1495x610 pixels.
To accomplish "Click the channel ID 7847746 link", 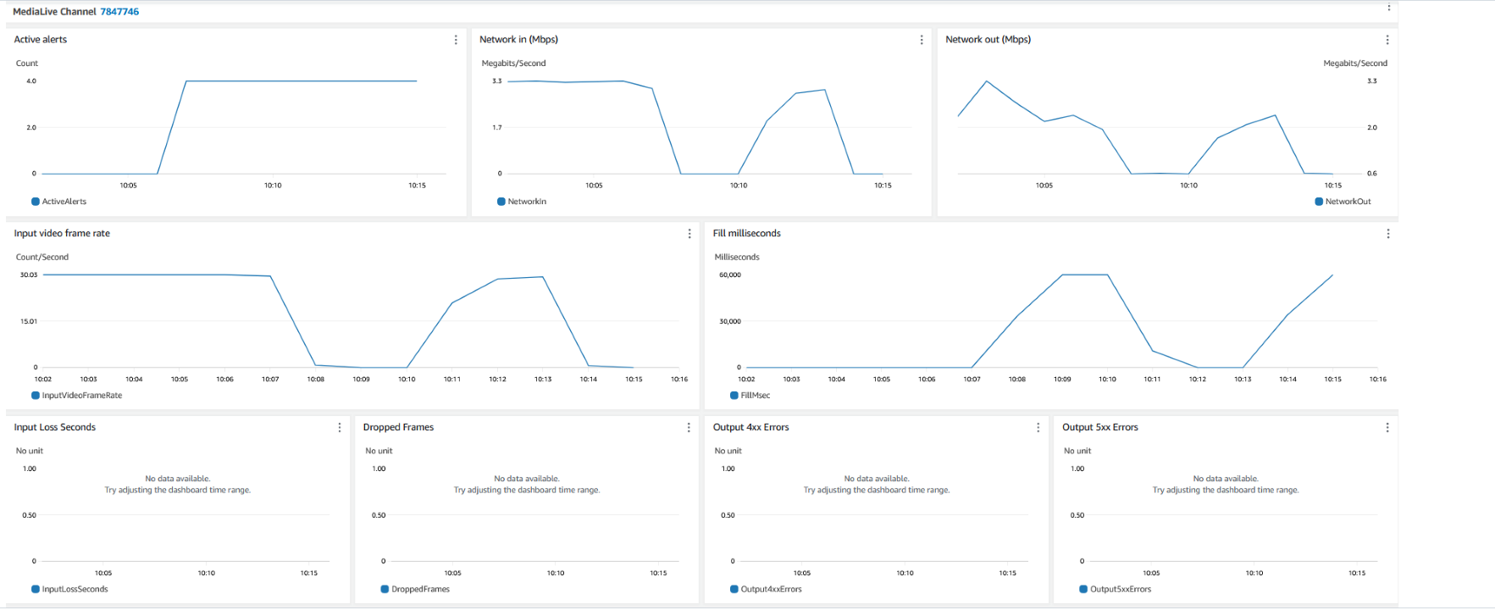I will coord(119,12).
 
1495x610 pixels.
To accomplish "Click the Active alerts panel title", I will coord(41,40).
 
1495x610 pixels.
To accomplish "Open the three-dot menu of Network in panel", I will coord(922,40).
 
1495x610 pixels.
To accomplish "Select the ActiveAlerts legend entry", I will coord(64,202).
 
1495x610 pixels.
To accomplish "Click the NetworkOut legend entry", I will coord(1347,202).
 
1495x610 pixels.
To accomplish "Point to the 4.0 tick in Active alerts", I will coord(31,81).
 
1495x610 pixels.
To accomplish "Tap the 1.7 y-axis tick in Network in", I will coord(497,128).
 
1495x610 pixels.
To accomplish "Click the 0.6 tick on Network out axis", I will coord(1372,174).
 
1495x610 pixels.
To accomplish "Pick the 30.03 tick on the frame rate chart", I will coord(29,275).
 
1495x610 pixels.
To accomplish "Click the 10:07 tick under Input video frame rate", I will coord(270,380).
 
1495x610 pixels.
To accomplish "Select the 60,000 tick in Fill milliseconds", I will coord(730,275).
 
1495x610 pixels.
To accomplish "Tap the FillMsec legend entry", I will coord(755,396).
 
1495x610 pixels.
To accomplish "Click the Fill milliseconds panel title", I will coord(747,234).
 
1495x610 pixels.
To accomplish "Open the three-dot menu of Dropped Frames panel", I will coord(689,428).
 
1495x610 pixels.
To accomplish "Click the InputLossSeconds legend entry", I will coord(75,590).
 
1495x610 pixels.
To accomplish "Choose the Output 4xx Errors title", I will coord(750,428).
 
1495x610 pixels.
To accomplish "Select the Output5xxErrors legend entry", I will coord(1120,590).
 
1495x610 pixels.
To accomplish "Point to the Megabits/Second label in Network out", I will coord(1355,64).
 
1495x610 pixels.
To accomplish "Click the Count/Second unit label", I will coord(42,258).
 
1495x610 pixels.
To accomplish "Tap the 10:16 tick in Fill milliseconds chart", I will coord(1378,380).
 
